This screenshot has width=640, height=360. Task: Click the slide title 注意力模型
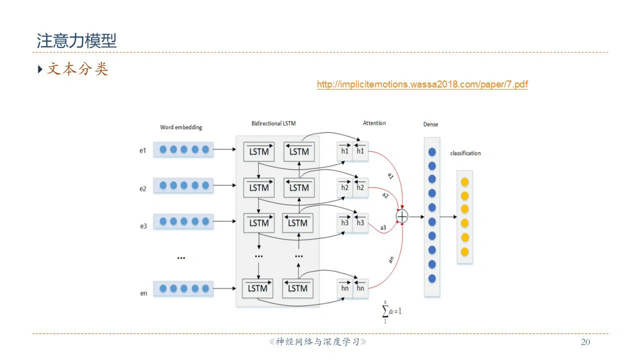pos(76,41)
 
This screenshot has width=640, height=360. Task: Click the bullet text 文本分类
pos(77,69)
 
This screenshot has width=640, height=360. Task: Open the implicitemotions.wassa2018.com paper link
pos(422,84)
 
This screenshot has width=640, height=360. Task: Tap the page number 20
pos(585,342)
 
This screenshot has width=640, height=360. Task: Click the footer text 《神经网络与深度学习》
pos(318,342)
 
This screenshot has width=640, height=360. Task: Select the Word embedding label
pos(181,127)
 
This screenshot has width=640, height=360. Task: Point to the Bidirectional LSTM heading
pos(273,123)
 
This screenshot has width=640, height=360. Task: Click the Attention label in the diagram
pos(374,123)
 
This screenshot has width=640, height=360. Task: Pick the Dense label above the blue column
pos(430,124)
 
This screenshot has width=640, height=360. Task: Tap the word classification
pos(465,153)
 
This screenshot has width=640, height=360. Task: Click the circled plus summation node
pos(402,216)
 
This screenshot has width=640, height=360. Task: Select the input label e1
pos(143,150)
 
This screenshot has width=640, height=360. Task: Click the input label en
pos(143,293)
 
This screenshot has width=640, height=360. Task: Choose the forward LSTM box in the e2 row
pos(258,187)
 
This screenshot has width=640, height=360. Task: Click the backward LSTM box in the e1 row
pos(299,151)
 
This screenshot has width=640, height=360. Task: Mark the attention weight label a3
pos(383,228)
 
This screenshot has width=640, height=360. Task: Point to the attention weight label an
pos(391,259)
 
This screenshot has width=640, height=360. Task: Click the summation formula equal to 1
pos(392,311)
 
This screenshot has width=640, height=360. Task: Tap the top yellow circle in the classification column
pos(464,181)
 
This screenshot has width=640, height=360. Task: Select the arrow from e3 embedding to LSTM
pos(224,221)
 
